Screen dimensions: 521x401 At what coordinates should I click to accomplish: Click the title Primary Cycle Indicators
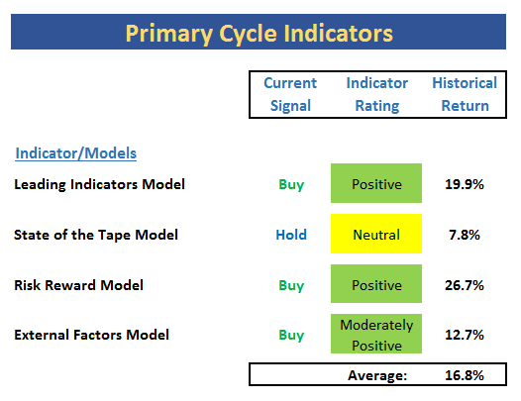[x=260, y=34]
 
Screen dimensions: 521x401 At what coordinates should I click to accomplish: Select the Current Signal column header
[x=290, y=94]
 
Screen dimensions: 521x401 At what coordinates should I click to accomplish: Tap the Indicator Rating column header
[x=377, y=94]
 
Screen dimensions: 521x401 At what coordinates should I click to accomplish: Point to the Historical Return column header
[x=465, y=94]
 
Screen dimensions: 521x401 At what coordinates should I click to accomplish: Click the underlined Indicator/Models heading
[x=75, y=153]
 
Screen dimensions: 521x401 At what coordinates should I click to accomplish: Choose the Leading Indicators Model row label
[x=99, y=184]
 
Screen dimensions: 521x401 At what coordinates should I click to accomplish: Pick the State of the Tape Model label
[x=96, y=235]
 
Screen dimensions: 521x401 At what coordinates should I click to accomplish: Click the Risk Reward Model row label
[x=79, y=285]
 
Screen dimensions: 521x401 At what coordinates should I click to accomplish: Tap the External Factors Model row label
[x=92, y=335]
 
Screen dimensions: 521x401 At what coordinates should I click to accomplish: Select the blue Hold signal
[x=291, y=235]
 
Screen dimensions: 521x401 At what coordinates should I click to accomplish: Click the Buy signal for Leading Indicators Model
[x=291, y=185]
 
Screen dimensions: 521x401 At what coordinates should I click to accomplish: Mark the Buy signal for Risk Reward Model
[x=291, y=286]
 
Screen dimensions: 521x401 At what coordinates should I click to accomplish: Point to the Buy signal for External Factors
[x=291, y=336]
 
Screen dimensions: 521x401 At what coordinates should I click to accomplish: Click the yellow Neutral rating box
[x=376, y=234]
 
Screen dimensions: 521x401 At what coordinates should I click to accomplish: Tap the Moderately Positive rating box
[x=376, y=334]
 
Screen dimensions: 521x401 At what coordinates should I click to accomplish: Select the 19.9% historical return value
[x=465, y=184]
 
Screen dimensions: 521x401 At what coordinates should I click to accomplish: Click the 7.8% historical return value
[x=465, y=235]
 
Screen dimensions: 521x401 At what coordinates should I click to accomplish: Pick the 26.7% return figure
[x=465, y=285]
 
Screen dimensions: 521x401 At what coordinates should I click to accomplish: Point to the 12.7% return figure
[x=465, y=335]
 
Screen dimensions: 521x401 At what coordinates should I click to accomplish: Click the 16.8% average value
[x=465, y=375]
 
